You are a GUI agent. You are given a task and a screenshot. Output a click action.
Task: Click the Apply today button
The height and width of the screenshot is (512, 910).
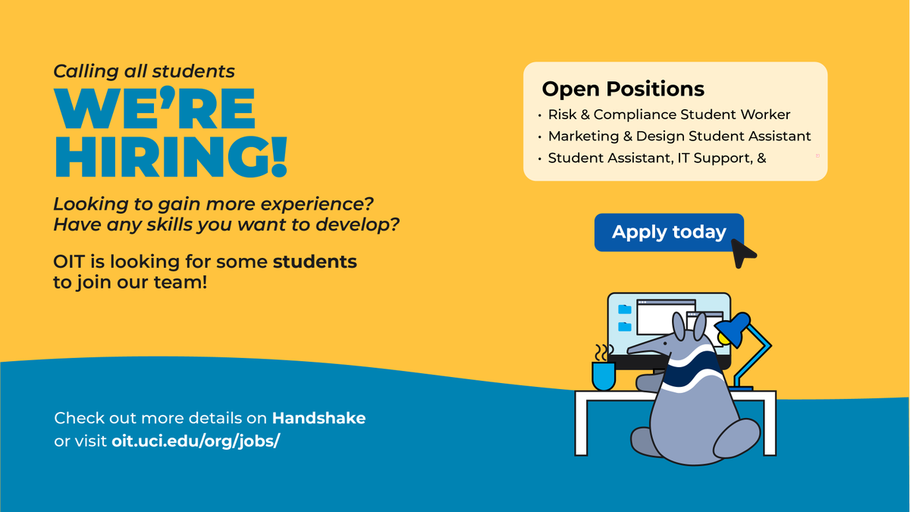[668, 232]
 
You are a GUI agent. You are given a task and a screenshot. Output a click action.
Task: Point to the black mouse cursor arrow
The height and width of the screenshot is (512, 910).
[743, 253]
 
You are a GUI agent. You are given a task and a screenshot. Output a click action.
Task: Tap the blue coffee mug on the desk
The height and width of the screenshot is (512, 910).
[603, 375]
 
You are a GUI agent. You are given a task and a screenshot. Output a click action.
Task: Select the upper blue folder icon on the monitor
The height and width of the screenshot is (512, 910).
[625, 309]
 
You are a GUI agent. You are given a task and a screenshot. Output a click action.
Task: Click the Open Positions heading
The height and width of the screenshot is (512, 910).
[623, 90]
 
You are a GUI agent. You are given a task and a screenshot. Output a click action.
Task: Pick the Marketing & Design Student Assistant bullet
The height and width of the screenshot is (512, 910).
[679, 137]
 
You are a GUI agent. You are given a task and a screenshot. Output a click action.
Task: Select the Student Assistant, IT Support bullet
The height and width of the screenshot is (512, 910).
[657, 159]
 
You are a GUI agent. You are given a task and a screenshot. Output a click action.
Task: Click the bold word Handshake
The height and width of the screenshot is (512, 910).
[318, 418]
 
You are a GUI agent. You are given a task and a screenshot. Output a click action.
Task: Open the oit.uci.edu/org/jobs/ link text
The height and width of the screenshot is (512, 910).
[196, 441]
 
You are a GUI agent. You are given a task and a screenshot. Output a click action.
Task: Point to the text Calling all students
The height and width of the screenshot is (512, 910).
[144, 71]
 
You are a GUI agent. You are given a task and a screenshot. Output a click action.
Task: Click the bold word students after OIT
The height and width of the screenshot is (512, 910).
[315, 262]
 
